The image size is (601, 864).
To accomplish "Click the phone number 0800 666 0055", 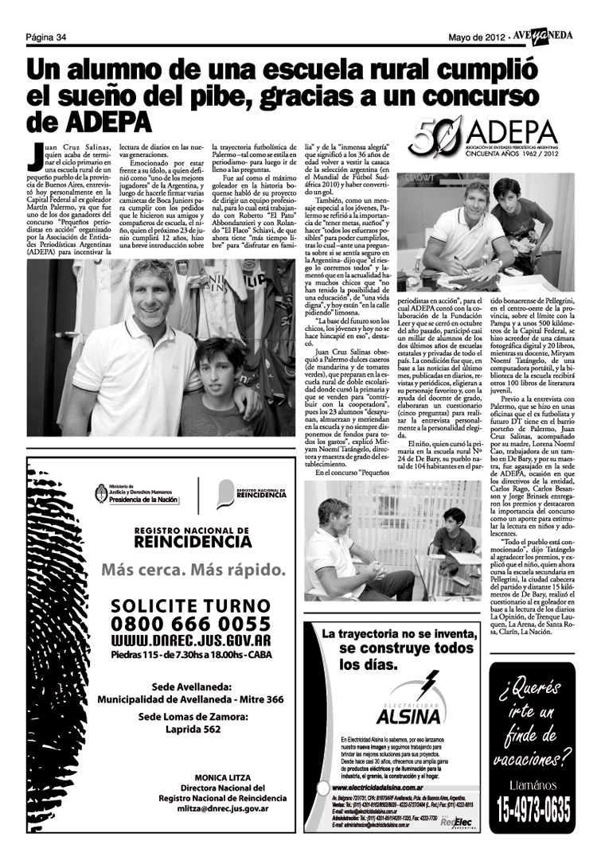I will tap(191, 625).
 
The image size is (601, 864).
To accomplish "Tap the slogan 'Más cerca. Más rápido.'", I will tap(191, 570).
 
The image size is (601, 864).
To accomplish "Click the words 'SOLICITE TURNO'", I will tap(191, 605).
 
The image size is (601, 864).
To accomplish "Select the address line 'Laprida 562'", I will tap(190, 729).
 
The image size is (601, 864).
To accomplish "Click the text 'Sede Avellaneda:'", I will tap(190, 686).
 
